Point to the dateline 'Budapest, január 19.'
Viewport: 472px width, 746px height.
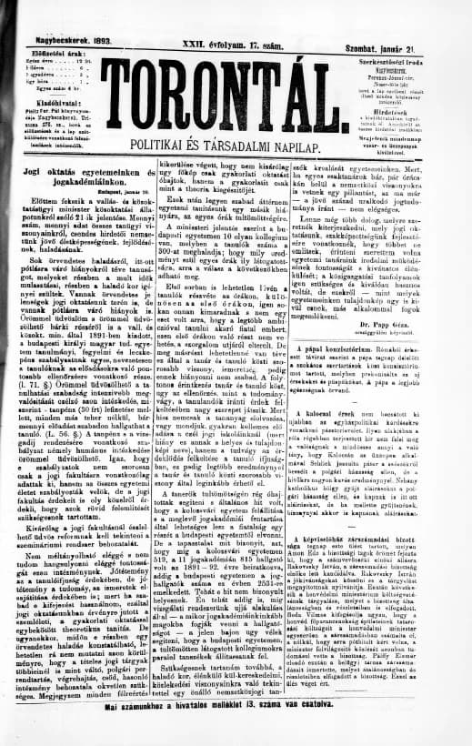(106, 167)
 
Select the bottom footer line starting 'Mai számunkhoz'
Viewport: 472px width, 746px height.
(236, 731)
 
